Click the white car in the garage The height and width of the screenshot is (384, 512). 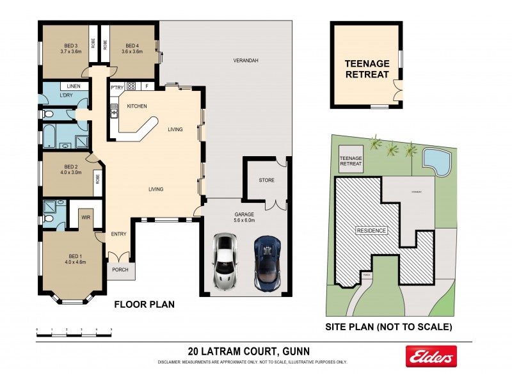[226, 262]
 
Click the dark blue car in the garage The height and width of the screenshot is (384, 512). [267, 262]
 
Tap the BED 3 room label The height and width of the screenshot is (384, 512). [70, 46]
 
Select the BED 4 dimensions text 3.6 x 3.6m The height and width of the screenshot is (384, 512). [132, 52]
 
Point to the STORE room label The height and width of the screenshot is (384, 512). [266, 181]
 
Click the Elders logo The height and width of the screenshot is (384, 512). [431, 356]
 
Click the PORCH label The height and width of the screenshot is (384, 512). [120, 269]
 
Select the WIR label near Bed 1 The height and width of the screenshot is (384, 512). [85, 217]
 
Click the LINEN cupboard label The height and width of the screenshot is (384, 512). [72, 86]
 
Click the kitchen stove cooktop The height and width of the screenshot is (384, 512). [131, 86]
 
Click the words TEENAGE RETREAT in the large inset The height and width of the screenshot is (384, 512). [367, 69]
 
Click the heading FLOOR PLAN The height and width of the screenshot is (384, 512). [144, 305]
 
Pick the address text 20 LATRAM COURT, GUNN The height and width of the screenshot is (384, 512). [253, 351]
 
